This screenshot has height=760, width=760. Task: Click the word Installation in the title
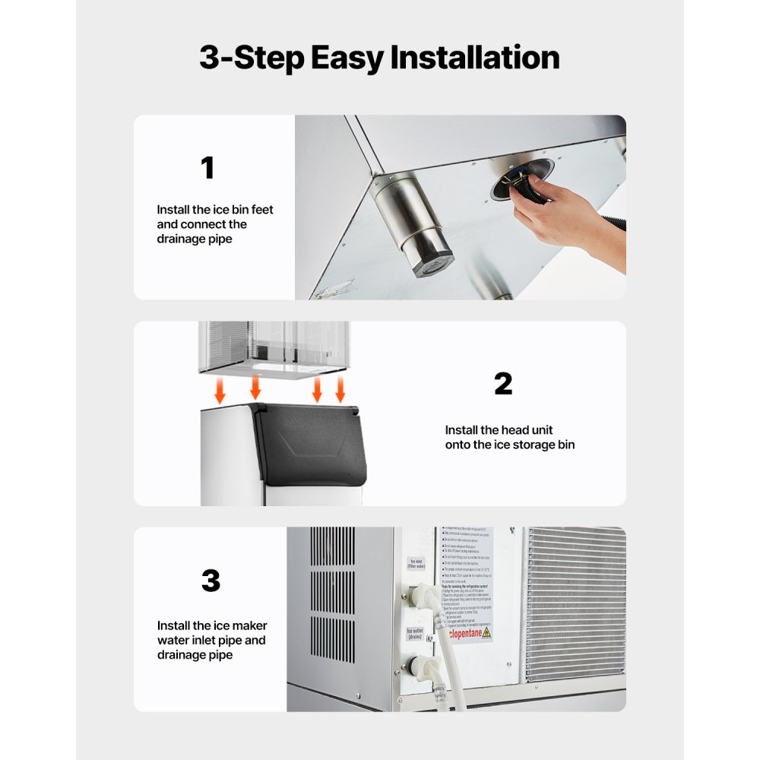tap(474, 58)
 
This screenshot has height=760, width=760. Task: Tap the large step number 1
tap(207, 168)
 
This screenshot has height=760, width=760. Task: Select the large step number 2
tap(503, 384)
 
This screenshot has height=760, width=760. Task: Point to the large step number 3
tap(211, 581)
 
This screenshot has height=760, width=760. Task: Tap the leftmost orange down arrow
tap(220, 392)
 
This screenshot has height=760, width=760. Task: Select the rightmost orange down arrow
tap(340, 391)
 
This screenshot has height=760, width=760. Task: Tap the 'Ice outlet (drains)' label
tap(415, 634)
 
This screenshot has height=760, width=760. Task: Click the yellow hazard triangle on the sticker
tap(486, 632)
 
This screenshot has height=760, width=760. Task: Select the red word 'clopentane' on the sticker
tap(459, 632)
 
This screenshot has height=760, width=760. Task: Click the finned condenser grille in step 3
tap(575, 604)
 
